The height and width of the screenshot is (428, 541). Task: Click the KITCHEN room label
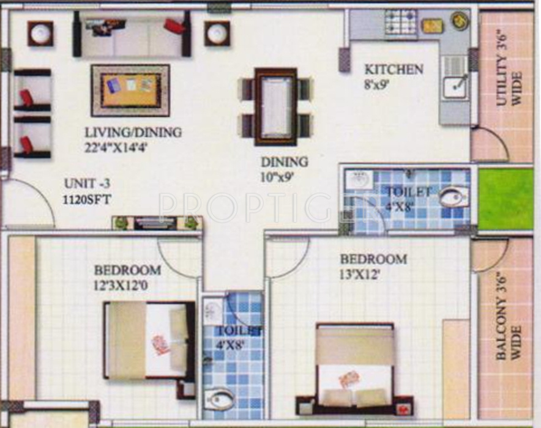pos(394,69)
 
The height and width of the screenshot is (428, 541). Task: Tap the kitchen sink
pos(455,87)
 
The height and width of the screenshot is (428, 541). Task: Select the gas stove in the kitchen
pos(400,23)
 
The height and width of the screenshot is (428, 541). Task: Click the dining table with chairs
pos(275,106)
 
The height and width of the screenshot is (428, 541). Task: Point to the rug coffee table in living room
pos(130,90)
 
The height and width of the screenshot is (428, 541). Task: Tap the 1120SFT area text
pos(86,199)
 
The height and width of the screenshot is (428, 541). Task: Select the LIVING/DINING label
pos(133,132)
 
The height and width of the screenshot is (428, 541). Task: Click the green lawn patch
pos(506,199)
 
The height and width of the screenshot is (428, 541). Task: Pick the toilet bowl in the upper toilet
pos(453,197)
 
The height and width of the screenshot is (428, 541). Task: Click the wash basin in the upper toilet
pos(358,180)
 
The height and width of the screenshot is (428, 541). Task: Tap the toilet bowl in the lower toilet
pos(219,400)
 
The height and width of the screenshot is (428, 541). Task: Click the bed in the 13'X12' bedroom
pos(354,367)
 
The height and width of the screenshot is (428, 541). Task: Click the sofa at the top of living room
pos(132,34)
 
